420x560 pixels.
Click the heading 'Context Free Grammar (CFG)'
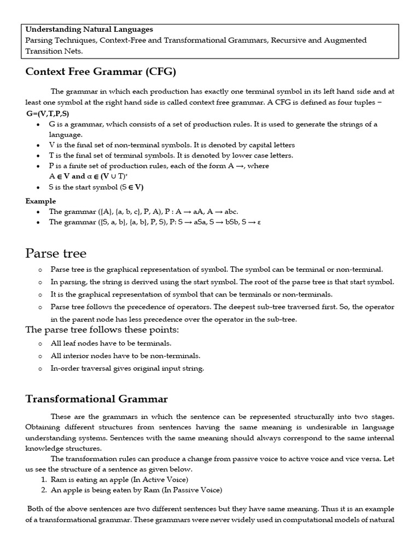pos(101,72)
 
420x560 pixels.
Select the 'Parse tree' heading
pos(56,253)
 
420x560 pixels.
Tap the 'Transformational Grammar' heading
pos(97,399)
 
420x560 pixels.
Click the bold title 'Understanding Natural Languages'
pos(89,30)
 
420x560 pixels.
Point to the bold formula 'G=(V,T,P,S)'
pos(48,114)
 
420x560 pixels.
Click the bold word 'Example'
pos(40,201)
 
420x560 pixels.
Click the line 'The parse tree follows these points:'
pos(102,330)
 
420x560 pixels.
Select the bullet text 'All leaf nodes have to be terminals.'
pos(111,343)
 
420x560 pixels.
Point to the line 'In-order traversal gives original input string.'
pos(127,368)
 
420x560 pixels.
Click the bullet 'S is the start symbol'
pos(96,187)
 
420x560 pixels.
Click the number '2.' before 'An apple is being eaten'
pos(43,490)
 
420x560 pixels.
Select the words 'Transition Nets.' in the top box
pos(54,51)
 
